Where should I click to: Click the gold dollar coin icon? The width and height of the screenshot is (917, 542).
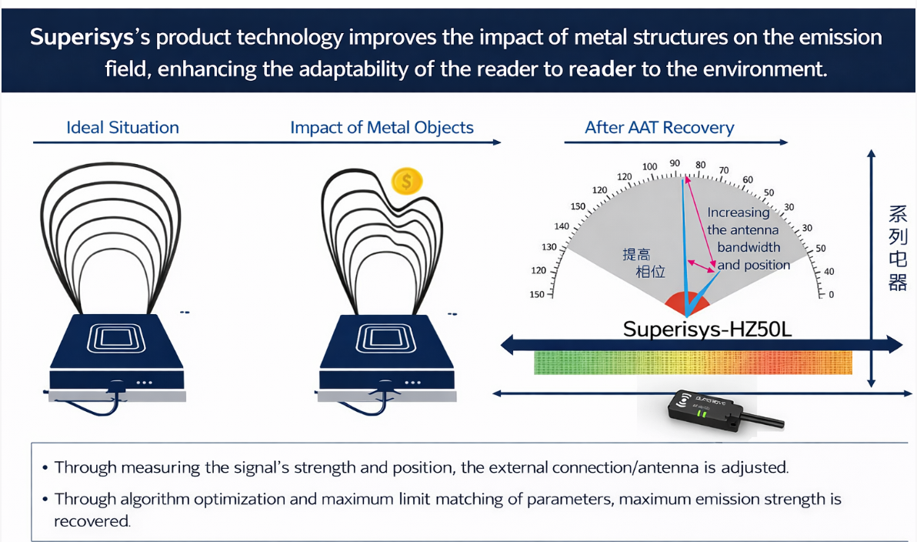407,182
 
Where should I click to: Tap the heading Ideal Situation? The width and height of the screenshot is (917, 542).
122,128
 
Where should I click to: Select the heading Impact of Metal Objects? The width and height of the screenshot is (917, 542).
382,128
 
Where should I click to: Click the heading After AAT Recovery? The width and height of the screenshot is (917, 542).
659,128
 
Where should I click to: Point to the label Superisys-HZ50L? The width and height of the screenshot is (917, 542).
707,330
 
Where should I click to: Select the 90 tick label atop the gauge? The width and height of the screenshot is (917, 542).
675,163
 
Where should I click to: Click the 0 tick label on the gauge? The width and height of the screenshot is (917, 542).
831,295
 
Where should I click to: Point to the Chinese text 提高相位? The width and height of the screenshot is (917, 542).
642,263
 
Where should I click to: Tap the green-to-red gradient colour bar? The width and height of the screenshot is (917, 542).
692,362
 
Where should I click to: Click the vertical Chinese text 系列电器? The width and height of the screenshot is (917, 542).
897,248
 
